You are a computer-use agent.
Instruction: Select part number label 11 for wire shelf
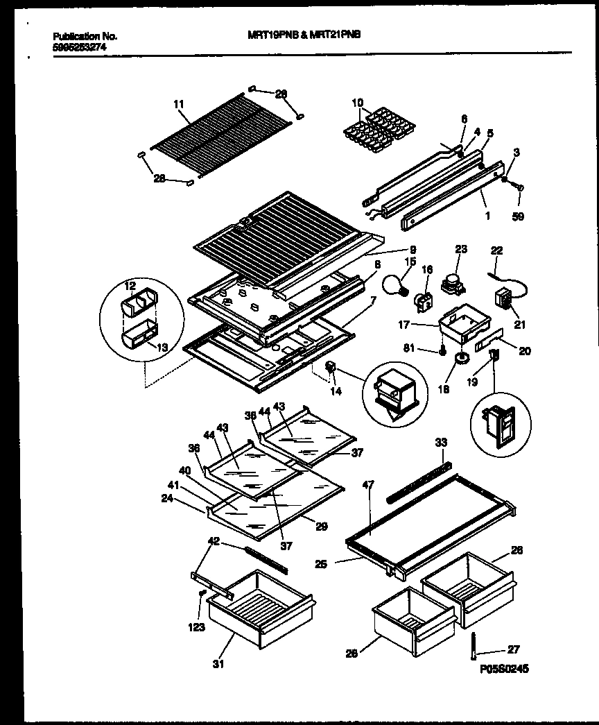click(x=179, y=104)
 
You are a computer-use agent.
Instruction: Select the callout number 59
click(x=519, y=216)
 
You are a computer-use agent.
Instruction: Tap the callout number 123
click(x=197, y=628)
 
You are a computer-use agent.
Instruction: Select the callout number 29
click(x=321, y=527)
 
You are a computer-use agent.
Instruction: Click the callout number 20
click(x=525, y=351)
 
